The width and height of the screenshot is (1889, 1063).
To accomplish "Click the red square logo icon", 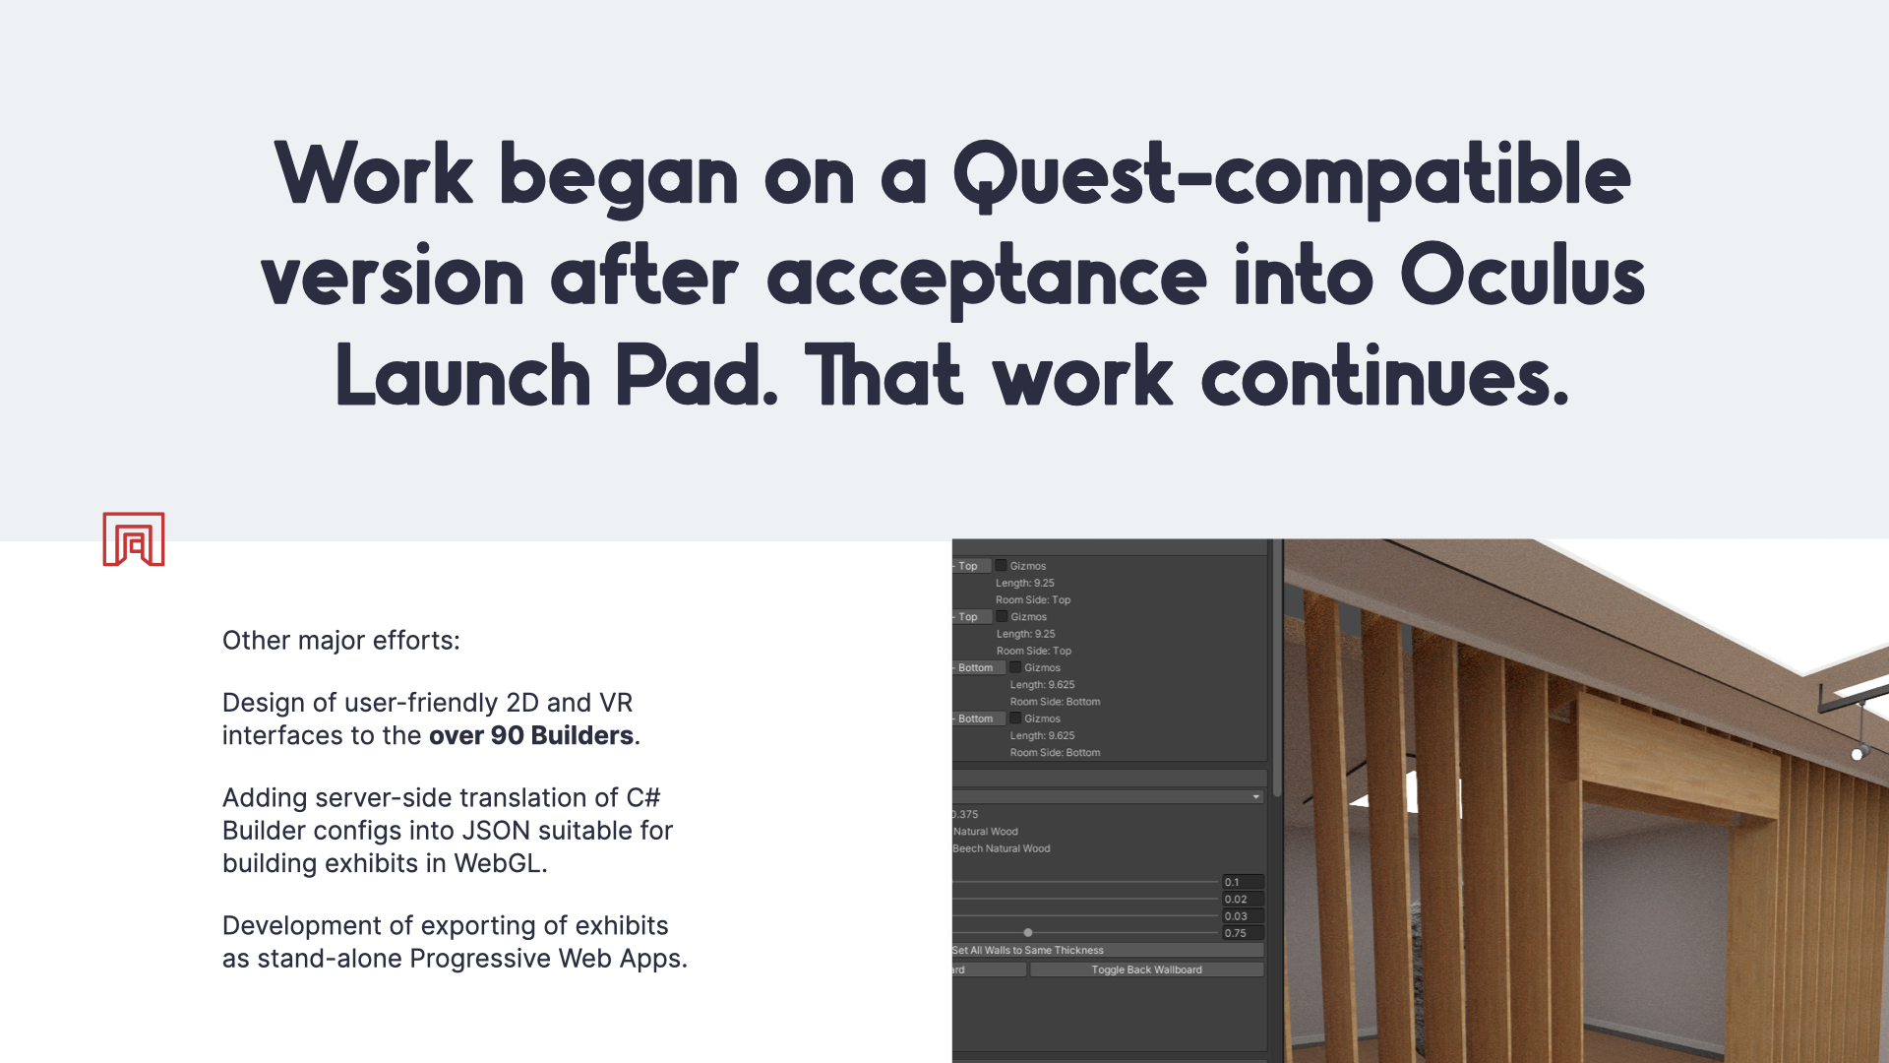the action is point(134,538).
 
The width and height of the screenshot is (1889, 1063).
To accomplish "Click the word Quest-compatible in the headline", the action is point(1292,176).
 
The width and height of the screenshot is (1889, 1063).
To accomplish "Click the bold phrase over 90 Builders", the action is point(531,735).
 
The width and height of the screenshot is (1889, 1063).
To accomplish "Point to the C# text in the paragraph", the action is point(643,797).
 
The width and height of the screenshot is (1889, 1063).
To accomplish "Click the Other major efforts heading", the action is point(341,641).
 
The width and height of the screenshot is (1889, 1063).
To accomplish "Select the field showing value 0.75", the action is point(1243,933).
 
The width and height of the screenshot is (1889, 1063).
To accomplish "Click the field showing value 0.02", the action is point(1243,900).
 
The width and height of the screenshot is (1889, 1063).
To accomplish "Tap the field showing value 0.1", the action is point(1243,882).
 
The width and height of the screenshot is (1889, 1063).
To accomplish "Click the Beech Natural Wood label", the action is point(1002,848).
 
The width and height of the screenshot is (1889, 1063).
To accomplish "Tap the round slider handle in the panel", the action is point(1028,932).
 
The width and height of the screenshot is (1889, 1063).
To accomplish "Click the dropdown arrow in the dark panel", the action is point(1256,796).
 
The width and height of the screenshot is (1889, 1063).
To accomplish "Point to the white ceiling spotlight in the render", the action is point(1857,754).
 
